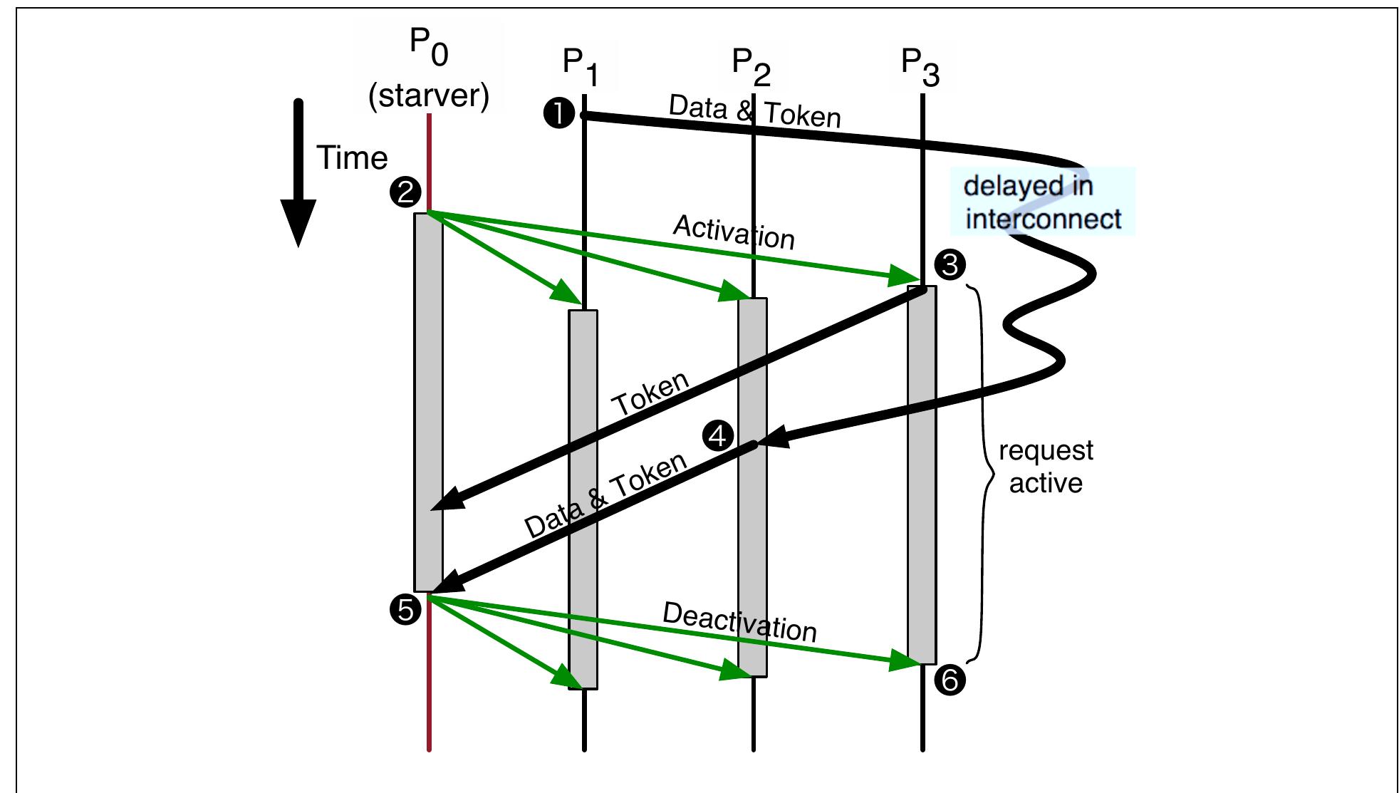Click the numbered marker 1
559,113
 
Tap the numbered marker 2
406,192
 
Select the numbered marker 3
950,265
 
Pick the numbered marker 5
406,610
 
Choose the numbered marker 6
950,680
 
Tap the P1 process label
580,66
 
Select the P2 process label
751,66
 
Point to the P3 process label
920,66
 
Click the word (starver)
429,95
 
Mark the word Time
352,157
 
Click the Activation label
734,232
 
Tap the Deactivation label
739,622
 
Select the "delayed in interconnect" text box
1042,202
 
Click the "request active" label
1046,467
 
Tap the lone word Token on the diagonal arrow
651,394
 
